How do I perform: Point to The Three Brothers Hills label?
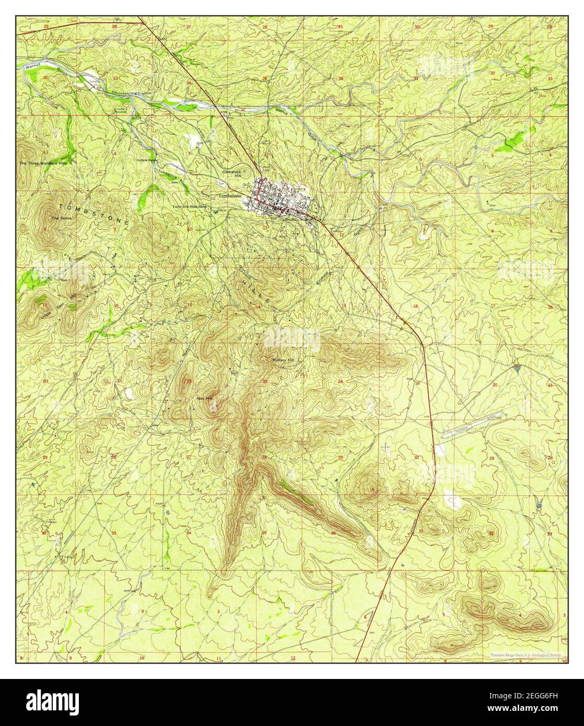coord(43,163)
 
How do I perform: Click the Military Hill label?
coord(284,360)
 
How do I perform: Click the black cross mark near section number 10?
coord(198,229)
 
